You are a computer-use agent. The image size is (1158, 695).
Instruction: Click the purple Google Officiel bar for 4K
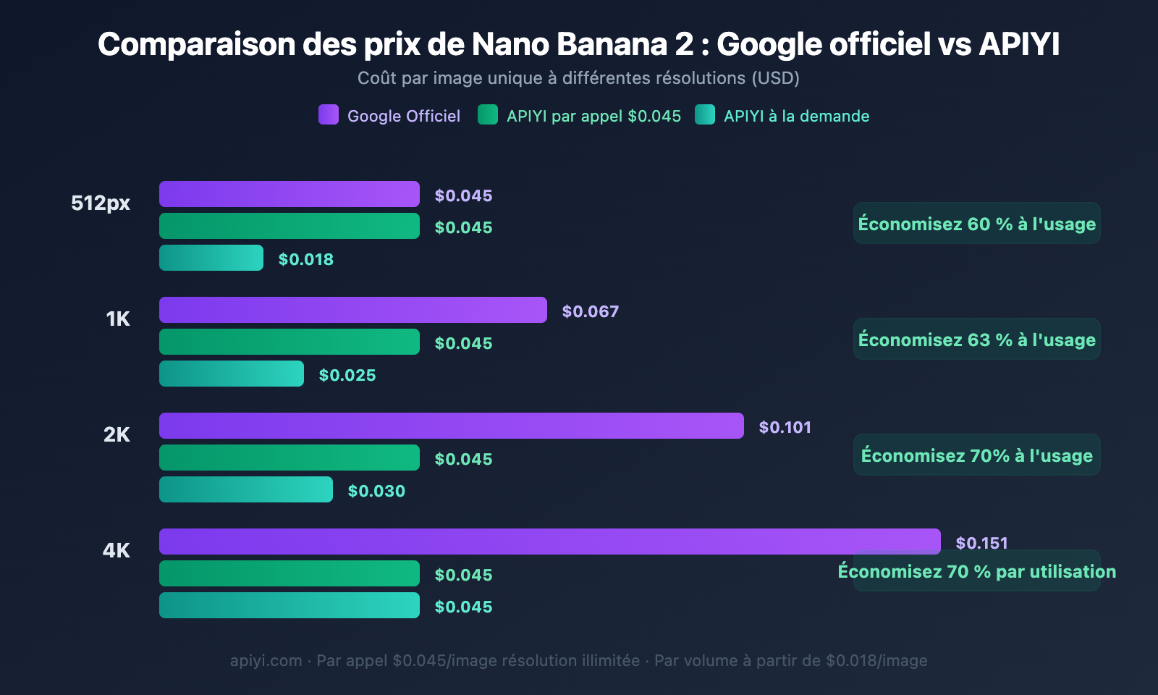(x=550, y=542)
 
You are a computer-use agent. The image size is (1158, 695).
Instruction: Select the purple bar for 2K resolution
(x=452, y=426)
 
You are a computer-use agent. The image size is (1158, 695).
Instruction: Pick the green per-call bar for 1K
(x=289, y=342)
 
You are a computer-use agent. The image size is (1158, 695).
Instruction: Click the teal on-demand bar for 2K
(x=246, y=489)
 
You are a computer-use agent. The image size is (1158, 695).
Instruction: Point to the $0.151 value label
(x=981, y=543)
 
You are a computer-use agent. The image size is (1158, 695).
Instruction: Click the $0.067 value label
(x=591, y=311)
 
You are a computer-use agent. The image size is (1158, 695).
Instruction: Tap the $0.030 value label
(x=376, y=491)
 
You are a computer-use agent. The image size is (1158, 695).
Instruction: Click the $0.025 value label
(x=347, y=375)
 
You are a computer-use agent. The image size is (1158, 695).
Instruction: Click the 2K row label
(x=117, y=434)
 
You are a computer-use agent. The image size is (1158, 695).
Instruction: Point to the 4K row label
(x=117, y=550)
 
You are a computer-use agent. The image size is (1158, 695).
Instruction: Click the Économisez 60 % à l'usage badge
(x=976, y=224)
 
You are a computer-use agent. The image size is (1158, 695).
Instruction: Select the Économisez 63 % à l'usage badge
(x=976, y=340)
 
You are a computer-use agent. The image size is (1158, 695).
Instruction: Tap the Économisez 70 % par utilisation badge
(x=976, y=571)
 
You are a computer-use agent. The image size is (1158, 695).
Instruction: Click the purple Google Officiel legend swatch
(x=329, y=115)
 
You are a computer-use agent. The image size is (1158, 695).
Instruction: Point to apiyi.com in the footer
(x=266, y=660)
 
